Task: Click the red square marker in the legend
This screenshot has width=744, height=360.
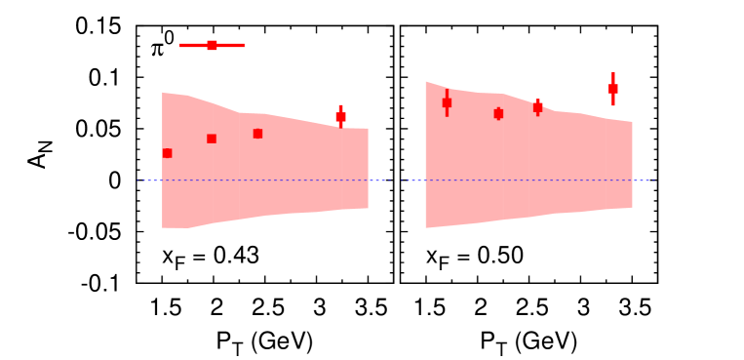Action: pyautogui.click(x=212, y=45)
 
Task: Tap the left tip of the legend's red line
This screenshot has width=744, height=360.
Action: pyautogui.click(x=180, y=45)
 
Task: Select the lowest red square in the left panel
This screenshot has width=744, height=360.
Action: pyautogui.click(x=167, y=153)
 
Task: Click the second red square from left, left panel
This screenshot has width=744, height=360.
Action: pyautogui.click(x=212, y=139)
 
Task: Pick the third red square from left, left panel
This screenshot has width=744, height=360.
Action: pyautogui.click(x=257, y=134)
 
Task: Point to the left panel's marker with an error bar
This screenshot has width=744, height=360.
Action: pyautogui.click(x=340, y=117)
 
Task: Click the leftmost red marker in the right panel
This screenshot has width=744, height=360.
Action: pyautogui.click(x=447, y=102)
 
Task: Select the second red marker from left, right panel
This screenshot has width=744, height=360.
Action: pyautogui.click(x=498, y=113)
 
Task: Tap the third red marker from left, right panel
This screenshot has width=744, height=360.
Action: pyautogui.click(x=537, y=107)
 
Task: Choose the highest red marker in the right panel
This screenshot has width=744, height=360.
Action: pyautogui.click(x=612, y=89)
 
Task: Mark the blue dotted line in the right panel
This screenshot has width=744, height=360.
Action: pyautogui.click(x=527, y=180)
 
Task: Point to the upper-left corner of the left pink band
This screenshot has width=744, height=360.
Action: pyautogui.click(x=163, y=93)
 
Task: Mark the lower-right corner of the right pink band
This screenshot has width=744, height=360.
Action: pyautogui.click(x=632, y=207)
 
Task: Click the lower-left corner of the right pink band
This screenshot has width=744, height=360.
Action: pyautogui.click(x=426, y=227)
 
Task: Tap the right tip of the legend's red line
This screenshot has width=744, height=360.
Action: pyautogui.click(x=244, y=45)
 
